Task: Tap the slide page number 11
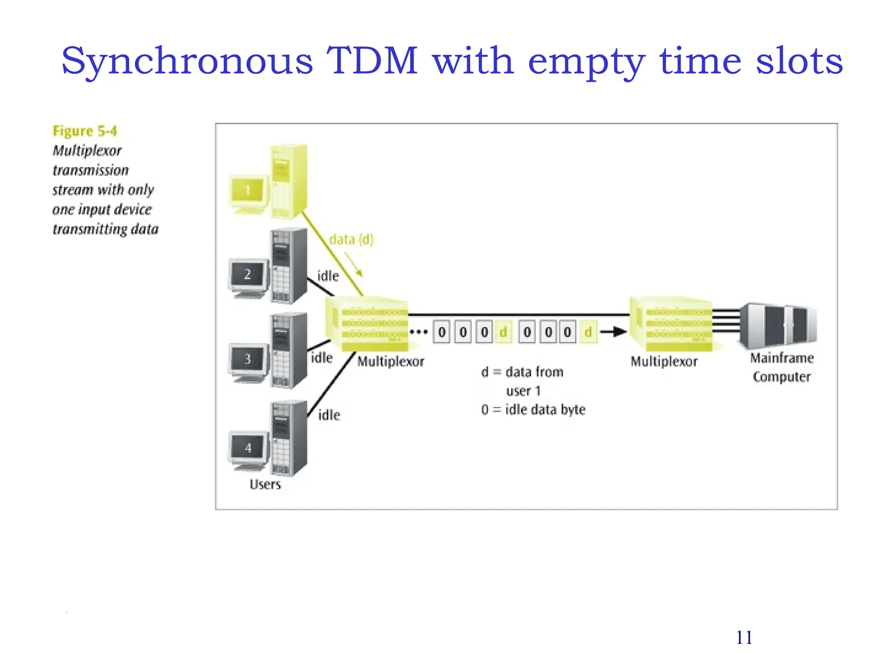tap(744, 638)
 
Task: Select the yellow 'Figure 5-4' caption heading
tap(85, 131)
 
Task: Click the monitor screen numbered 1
tap(247, 190)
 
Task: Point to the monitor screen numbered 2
tap(248, 274)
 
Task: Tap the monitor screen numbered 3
tap(248, 359)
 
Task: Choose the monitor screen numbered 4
tap(248, 447)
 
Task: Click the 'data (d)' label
tap(351, 239)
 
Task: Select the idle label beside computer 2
tap(328, 276)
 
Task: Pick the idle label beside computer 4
tap(329, 415)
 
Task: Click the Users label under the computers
tap(265, 484)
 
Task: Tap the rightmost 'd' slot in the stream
tap(588, 332)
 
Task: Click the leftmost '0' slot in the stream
tap(442, 332)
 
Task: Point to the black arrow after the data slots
tap(614, 332)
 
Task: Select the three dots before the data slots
tap(418, 332)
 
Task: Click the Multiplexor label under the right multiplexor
tap(664, 361)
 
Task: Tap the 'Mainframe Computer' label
tap(782, 367)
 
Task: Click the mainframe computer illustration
tap(778, 325)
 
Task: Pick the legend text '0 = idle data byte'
tap(533, 409)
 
